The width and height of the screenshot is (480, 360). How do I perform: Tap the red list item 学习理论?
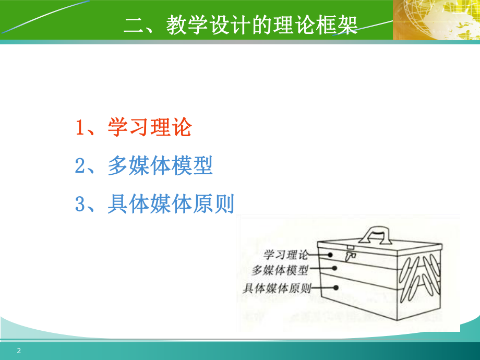coord(150,128)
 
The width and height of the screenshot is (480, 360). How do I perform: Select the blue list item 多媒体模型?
coord(160,166)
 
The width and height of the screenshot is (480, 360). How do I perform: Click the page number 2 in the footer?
coord(19,351)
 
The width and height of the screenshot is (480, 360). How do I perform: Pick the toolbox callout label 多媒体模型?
coord(280,270)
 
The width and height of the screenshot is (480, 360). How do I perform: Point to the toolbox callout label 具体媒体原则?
coord(277,287)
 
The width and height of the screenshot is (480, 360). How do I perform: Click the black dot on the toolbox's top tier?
coord(330,255)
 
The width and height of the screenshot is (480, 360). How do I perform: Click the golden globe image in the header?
coord(437,20)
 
